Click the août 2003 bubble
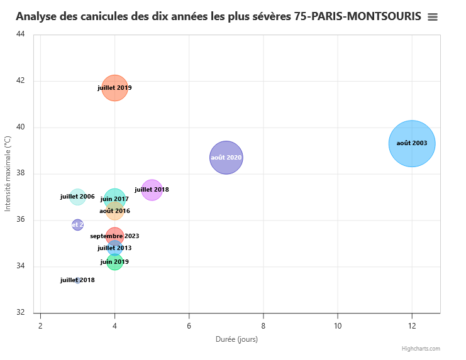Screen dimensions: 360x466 [412, 143]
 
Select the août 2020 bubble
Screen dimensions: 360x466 [226, 157]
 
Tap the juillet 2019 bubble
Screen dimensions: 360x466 [114, 88]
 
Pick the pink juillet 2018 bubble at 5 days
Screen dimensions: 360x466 [152, 189]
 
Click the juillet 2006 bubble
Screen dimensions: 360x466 [77, 197]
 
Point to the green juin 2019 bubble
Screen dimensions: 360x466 [114, 262]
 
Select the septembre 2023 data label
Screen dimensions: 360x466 [114, 236]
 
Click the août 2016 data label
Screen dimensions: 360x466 [114, 211]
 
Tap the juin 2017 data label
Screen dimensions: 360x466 [114, 199]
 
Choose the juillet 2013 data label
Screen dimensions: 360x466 [114, 248]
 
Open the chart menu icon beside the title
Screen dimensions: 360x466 [433, 18]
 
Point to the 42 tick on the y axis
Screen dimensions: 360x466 [20, 80]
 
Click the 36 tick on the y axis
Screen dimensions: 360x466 [20, 220]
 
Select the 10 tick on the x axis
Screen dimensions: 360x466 [338, 325]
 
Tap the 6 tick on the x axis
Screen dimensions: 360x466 [189, 325]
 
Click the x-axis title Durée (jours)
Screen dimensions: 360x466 [236, 339]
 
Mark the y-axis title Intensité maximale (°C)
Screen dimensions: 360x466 [8, 174]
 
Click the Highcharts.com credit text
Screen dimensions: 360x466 [421, 349]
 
